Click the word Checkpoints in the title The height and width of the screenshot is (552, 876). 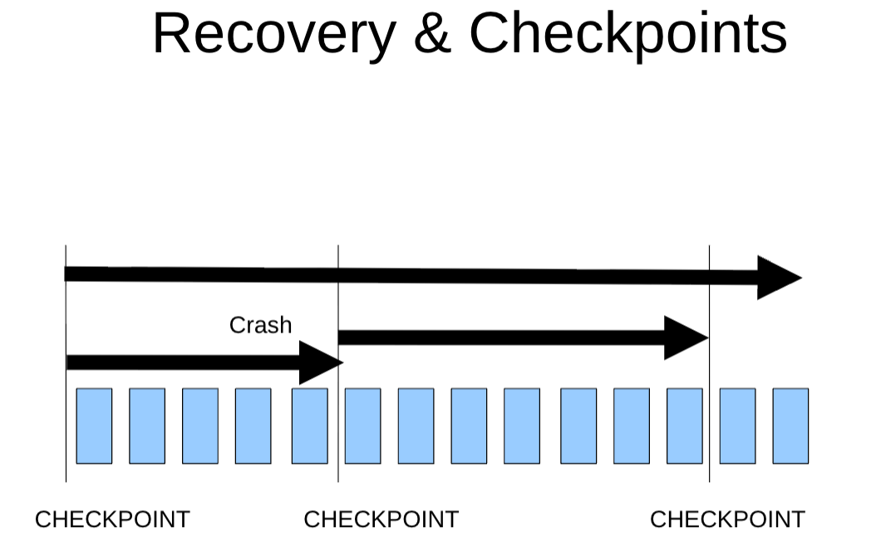(x=627, y=34)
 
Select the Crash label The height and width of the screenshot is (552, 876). (x=260, y=325)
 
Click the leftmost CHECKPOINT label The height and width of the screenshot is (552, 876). (x=112, y=520)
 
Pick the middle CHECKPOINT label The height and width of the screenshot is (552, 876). (x=381, y=520)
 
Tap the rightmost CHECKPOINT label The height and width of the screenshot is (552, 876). (x=727, y=520)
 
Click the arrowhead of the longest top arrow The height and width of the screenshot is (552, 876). (x=776, y=278)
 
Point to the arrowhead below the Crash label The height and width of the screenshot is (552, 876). (x=319, y=362)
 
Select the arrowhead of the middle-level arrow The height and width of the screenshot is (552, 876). (x=684, y=338)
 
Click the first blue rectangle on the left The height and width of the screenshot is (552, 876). (x=94, y=426)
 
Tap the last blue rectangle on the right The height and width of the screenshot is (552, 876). (x=790, y=426)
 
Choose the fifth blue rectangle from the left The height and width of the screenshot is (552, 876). (x=309, y=426)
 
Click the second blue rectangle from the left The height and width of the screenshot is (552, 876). (x=147, y=426)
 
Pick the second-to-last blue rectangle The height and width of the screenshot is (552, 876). (x=737, y=426)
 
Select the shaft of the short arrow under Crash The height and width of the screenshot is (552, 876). (x=183, y=362)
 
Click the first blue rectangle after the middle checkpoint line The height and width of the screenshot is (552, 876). (x=362, y=426)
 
